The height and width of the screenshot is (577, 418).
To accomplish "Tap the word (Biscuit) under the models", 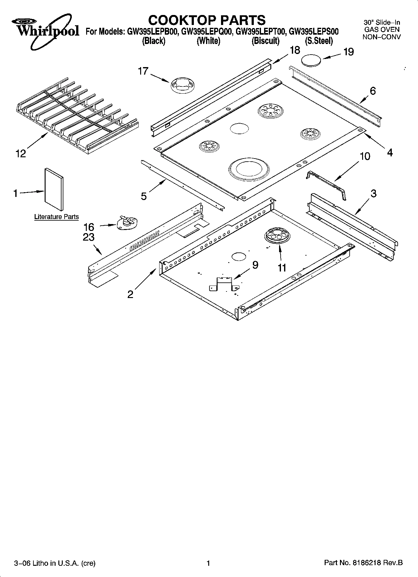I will point(265,41).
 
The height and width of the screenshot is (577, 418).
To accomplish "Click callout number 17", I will point(143,71).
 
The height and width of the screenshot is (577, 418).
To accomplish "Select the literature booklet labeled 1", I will point(54,190).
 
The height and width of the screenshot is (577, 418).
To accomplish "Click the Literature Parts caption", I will point(56,217).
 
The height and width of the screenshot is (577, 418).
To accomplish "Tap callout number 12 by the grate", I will point(21,154).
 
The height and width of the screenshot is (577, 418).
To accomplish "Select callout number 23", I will point(89,237).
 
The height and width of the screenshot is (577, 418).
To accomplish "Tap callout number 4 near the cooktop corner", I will point(390,152).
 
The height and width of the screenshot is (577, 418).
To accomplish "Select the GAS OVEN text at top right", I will point(381,30).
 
